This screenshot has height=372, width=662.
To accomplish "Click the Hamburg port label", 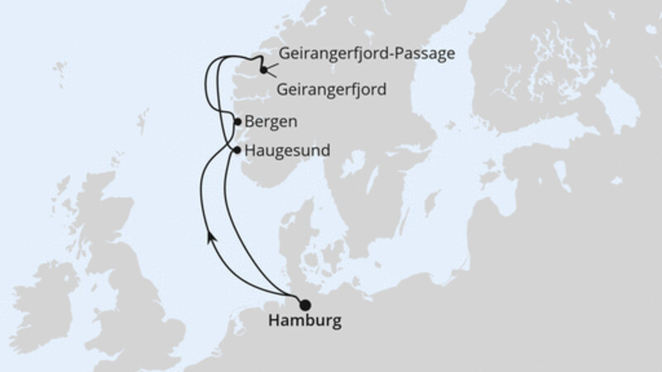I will pyautogui.click(x=305, y=322).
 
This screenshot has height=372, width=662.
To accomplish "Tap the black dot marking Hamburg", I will pyautogui.click(x=305, y=305).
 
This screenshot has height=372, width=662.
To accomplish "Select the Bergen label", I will pyautogui.click(x=270, y=122).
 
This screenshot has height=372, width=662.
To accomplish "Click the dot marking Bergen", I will pyautogui.click(x=238, y=122).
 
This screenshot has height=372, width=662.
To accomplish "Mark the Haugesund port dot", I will pyautogui.click(x=238, y=150).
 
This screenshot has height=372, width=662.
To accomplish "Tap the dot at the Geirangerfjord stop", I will pyautogui.click(x=263, y=69).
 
